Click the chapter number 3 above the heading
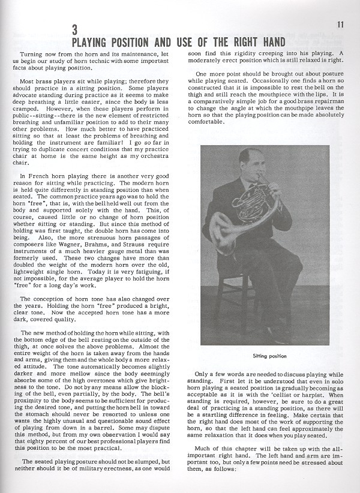coord(74,31)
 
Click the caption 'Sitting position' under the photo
coord(265,356)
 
